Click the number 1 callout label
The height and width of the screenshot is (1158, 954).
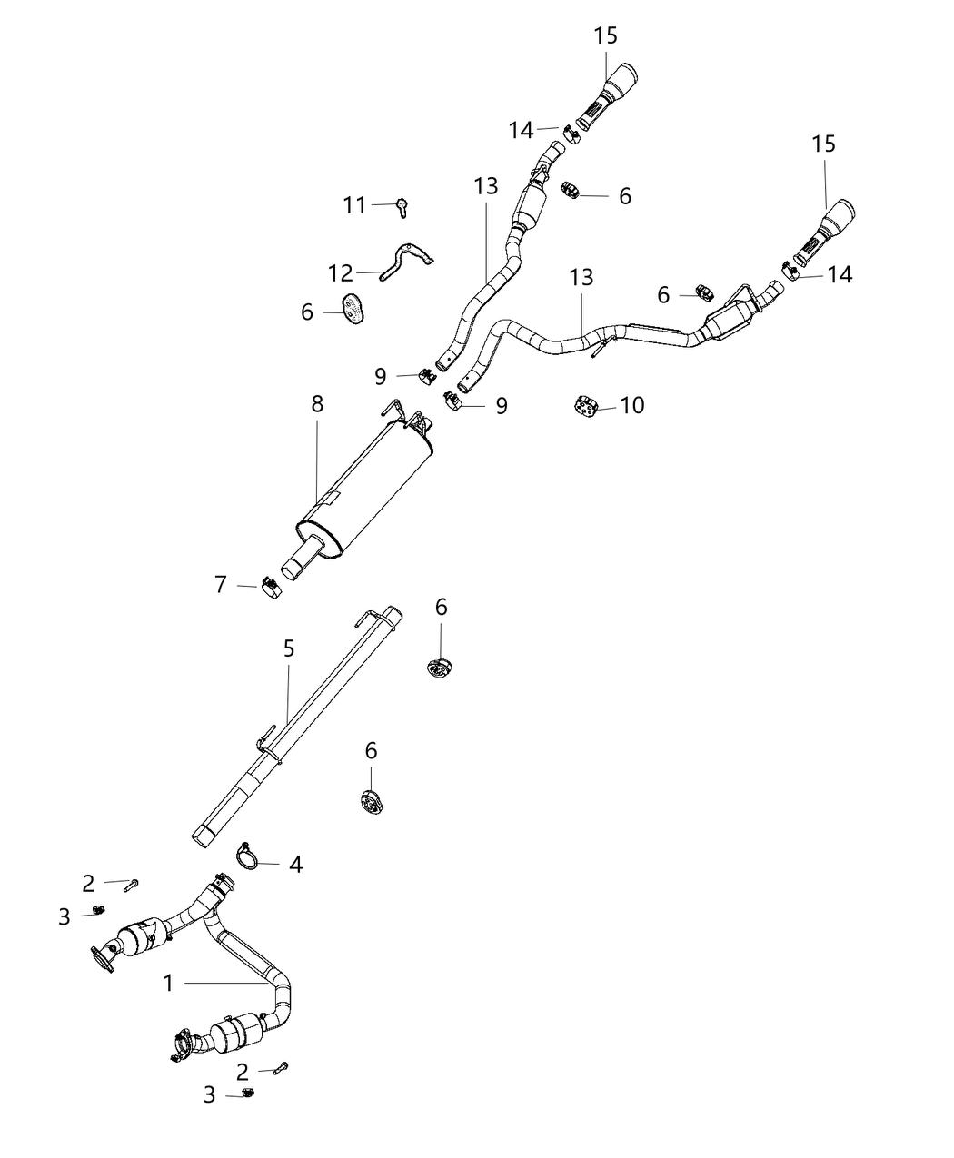coord(169,982)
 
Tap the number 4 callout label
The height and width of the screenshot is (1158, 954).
coord(295,864)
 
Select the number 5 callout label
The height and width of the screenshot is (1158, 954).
coord(289,648)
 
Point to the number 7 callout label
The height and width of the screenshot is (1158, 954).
coord(221,585)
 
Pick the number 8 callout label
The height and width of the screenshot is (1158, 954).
coord(317,403)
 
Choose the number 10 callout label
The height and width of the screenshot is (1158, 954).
coord(632,404)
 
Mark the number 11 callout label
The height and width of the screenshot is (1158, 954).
coord(354,206)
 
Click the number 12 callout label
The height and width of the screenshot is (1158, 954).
coord(340,272)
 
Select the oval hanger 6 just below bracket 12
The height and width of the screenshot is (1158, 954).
coord(353,309)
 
